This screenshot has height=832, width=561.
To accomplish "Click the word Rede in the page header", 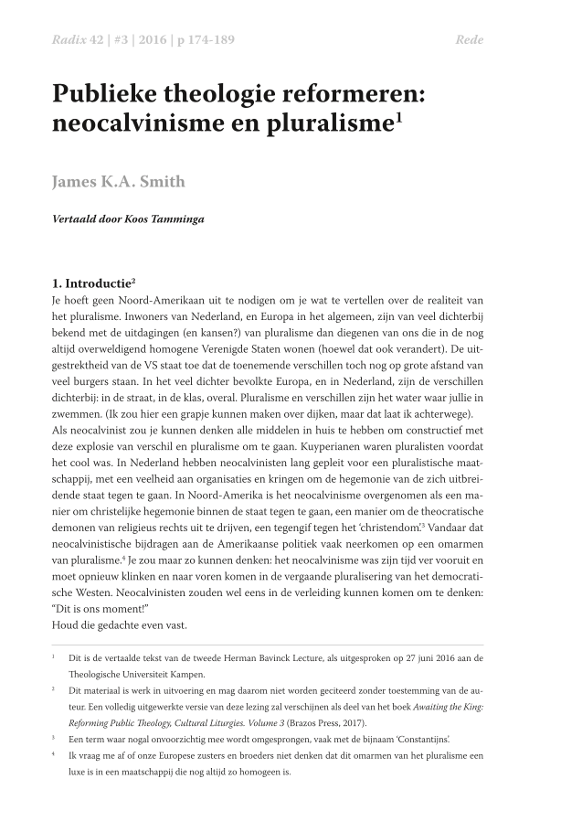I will [469, 40].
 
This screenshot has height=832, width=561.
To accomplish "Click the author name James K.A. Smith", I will [118, 181].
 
